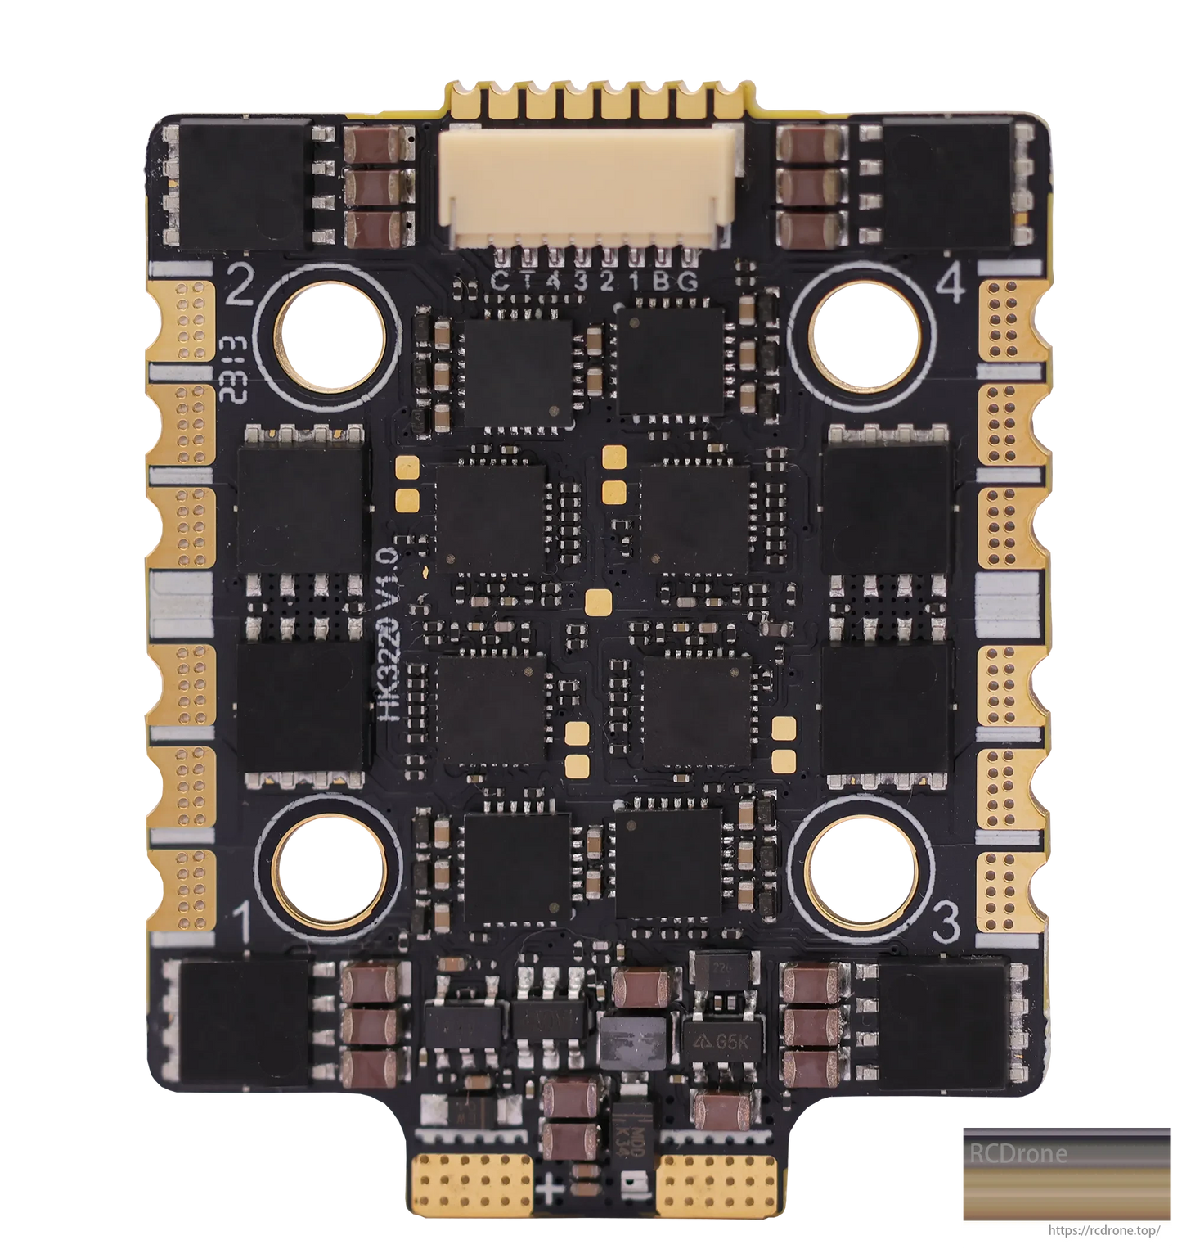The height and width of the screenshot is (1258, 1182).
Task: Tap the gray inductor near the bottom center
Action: (x=632, y=1039)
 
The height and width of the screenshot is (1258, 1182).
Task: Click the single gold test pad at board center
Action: (x=596, y=602)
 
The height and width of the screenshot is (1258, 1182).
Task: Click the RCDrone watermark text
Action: (x=1019, y=1154)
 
